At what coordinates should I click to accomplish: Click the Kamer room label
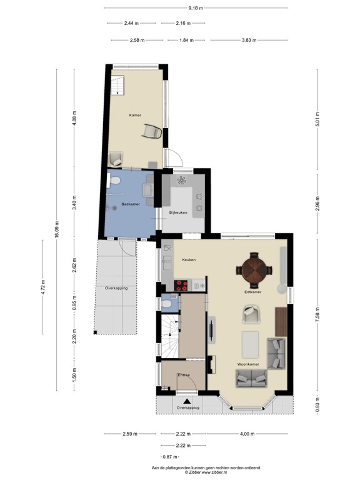pyautogui.click(x=135, y=116)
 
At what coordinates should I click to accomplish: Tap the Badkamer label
pyautogui.click(x=130, y=204)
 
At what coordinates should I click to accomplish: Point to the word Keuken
pyautogui.click(x=189, y=259)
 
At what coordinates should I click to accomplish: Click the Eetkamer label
pyautogui.click(x=252, y=292)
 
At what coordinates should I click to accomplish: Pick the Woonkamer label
pyautogui.click(x=249, y=363)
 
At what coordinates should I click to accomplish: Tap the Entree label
pyautogui.click(x=184, y=374)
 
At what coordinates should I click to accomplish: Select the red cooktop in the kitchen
pyautogui.click(x=182, y=286)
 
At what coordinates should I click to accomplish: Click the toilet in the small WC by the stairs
pyautogui.click(x=166, y=304)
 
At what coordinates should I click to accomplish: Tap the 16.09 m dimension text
pyautogui.click(x=57, y=229)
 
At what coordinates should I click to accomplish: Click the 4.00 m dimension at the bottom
pyautogui.click(x=247, y=433)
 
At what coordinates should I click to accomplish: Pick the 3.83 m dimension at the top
pyautogui.click(x=249, y=40)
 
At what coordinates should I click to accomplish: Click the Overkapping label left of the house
pyautogui.click(x=116, y=288)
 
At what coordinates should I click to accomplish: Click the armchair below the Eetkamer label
pyautogui.click(x=251, y=314)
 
